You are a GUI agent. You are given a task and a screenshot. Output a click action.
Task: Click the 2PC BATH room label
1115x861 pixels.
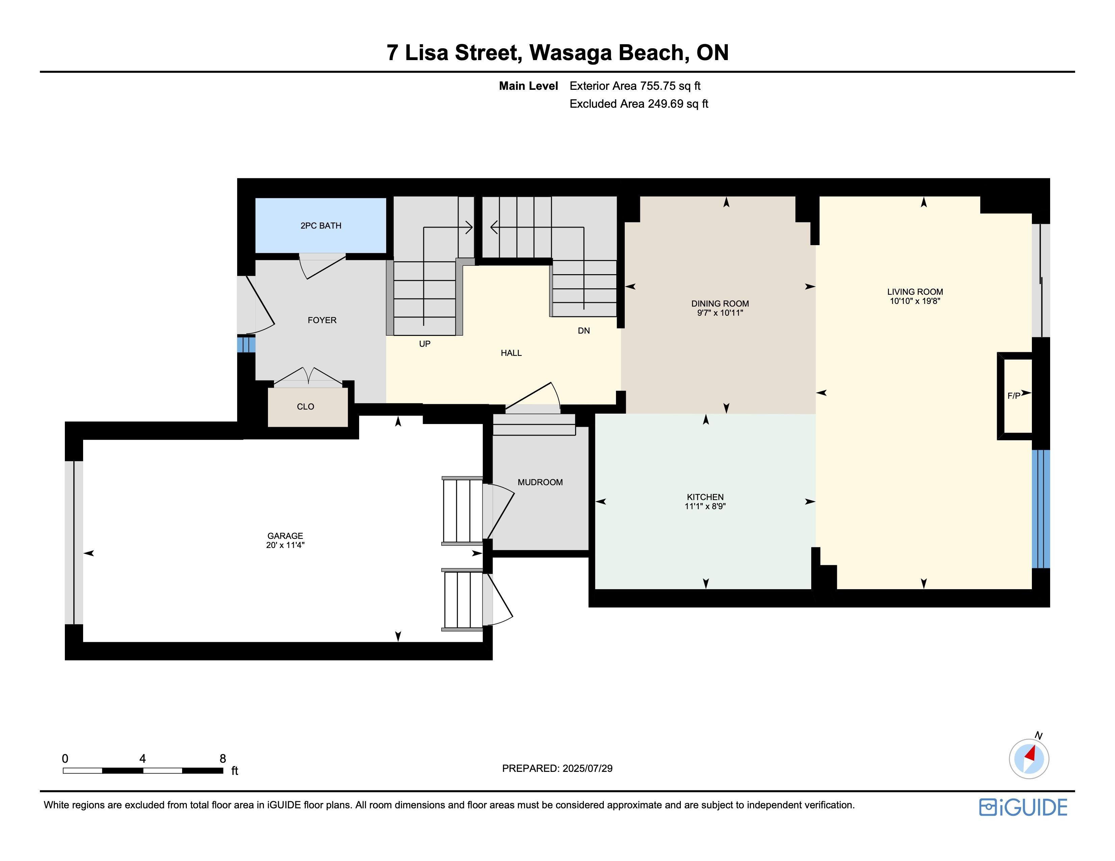pos(321,226)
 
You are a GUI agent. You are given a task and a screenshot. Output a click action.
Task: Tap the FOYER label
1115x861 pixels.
pos(322,320)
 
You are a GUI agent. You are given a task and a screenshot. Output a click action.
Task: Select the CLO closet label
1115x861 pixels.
pos(305,407)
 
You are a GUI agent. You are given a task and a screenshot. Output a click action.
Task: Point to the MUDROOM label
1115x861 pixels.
pos(540,482)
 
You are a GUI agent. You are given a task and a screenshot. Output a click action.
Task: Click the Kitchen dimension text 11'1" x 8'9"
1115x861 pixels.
pos(705,506)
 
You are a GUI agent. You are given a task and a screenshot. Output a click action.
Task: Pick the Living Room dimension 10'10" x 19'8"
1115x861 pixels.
pos(915,301)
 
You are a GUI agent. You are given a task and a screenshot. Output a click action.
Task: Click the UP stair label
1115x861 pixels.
pos(425,344)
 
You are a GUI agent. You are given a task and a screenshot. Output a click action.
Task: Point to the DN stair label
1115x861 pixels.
pos(584,331)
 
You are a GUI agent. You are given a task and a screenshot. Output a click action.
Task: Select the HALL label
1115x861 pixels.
pos(511,353)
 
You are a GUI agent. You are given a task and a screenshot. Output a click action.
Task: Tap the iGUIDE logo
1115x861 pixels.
pos(1023,807)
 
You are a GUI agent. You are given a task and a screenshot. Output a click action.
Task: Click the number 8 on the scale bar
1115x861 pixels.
pos(223,758)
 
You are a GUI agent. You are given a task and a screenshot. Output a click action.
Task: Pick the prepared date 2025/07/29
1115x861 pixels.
pos(588,768)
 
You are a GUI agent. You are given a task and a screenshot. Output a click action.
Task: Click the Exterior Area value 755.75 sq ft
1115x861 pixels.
pos(670,86)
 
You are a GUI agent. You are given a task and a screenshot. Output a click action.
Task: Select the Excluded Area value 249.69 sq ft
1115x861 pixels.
pos(678,104)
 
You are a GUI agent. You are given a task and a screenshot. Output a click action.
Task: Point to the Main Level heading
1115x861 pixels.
pos(528,86)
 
